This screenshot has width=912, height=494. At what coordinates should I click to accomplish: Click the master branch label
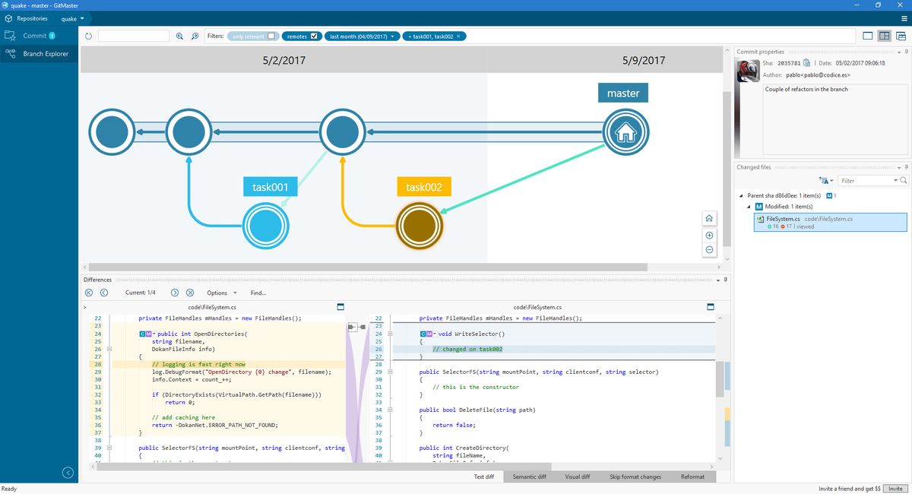[623, 93]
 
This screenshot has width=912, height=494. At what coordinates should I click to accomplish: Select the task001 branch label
[271, 187]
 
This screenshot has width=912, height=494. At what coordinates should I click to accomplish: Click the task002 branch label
[424, 187]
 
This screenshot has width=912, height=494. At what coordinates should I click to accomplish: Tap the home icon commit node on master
[625, 133]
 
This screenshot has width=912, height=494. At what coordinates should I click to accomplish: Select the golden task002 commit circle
[420, 226]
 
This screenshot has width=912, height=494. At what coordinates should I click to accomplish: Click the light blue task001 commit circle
[266, 226]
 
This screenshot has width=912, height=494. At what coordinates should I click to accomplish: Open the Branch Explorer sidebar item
[45, 54]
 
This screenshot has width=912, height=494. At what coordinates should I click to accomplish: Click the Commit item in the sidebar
[35, 36]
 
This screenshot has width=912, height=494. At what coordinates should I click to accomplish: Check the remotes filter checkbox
[315, 36]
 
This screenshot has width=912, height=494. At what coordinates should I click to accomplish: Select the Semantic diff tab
[529, 477]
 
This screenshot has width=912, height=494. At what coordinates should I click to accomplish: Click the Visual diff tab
[577, 477]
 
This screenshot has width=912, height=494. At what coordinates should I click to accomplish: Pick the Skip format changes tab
[635, 477]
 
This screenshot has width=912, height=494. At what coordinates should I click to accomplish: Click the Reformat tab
[692, 477]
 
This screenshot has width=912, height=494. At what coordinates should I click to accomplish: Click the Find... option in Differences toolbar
[258, 293]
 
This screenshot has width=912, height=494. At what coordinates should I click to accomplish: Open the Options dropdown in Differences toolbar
[220, 293]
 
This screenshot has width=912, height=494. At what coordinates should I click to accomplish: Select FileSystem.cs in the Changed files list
[783, 219]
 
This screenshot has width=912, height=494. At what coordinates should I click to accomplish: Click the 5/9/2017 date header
[643, 60]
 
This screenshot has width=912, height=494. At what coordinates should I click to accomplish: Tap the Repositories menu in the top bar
[32, 18]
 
